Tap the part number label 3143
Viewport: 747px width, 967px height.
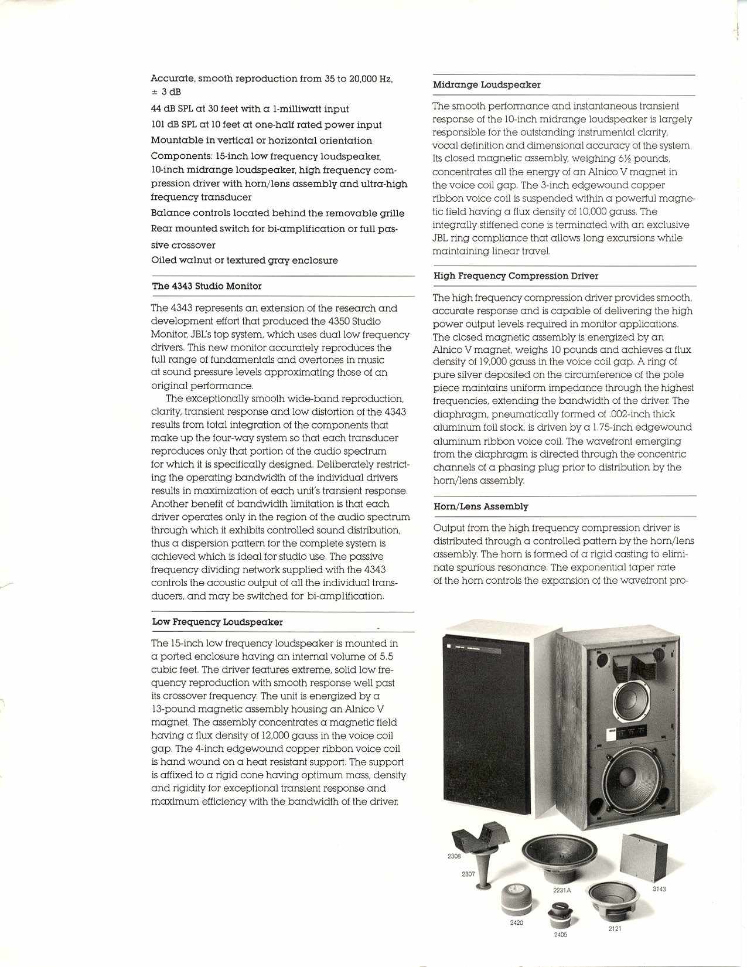[659, 889]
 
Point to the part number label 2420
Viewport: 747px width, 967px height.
[516, 922]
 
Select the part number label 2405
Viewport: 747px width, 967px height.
[560, 935]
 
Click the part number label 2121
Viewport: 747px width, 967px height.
[614, 929]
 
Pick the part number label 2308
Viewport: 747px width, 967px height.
[453, 856]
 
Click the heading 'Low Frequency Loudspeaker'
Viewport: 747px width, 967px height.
[217, 622]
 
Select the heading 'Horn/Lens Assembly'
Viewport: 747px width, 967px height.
[480, 506]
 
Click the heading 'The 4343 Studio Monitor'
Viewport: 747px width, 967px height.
[207, 286]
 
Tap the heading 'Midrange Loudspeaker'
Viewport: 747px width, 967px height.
[486, 85]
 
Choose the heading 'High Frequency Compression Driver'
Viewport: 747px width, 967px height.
[516, 276]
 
